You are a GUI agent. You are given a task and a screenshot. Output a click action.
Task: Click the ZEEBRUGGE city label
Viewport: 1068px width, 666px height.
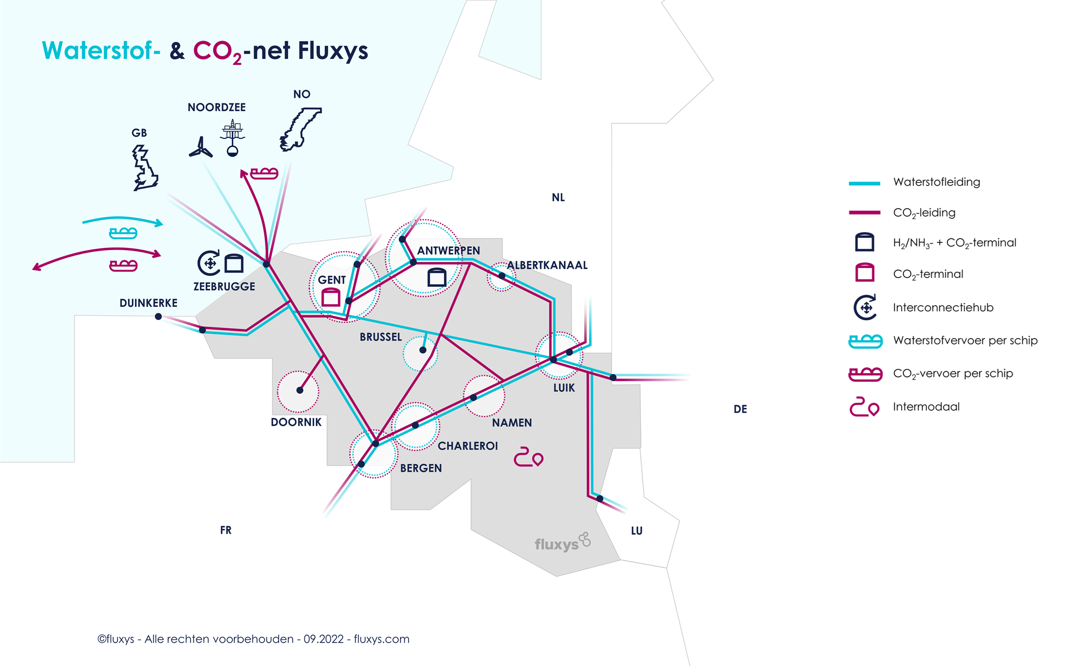(x=224, y=287)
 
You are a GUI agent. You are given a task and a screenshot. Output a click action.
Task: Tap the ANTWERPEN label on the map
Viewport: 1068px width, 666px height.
(x=448, y=251)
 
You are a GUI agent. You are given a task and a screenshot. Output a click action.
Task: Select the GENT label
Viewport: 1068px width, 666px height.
(x=332, y=280)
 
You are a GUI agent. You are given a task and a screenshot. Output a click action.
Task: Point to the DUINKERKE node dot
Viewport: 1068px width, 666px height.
(x=159, y=316)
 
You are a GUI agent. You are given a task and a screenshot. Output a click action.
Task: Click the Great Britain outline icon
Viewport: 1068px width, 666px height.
(x=145, y=168)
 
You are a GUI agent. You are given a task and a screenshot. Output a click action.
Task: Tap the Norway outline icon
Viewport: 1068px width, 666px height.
(x=300, y=130)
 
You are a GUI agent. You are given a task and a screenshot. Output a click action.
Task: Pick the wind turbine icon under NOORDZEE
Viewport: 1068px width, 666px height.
(x=200, y=148)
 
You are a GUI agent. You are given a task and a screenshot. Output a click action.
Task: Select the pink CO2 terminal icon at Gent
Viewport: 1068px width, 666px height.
(x=331, y=297)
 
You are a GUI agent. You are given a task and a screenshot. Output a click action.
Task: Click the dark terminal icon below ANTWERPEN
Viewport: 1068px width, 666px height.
(x=437, y=277)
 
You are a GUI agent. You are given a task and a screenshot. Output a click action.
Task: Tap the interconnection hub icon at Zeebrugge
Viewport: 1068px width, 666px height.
(x=209, y=263)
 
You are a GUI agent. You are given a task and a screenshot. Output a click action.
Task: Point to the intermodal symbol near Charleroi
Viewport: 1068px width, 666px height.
(x=528, y=457)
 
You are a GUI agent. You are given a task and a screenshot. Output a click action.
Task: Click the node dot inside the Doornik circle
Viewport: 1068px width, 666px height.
(x=300, y=390)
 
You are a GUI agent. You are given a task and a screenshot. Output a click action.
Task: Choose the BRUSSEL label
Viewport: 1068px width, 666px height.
(x=380, y=337)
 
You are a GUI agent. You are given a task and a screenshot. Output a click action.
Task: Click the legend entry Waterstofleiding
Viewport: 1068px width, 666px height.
(x=936, y=182)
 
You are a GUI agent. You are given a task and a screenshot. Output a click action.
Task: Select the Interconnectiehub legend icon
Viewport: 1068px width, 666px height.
(x=865, y=307)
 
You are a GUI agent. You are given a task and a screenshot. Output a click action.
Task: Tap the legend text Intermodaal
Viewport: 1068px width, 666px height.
(x=926, y=407)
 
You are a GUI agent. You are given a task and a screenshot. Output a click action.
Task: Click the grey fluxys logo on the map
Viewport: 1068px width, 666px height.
(x=562, y=543)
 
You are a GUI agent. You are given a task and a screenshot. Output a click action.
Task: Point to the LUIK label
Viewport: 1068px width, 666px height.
(x=563, y=388)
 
